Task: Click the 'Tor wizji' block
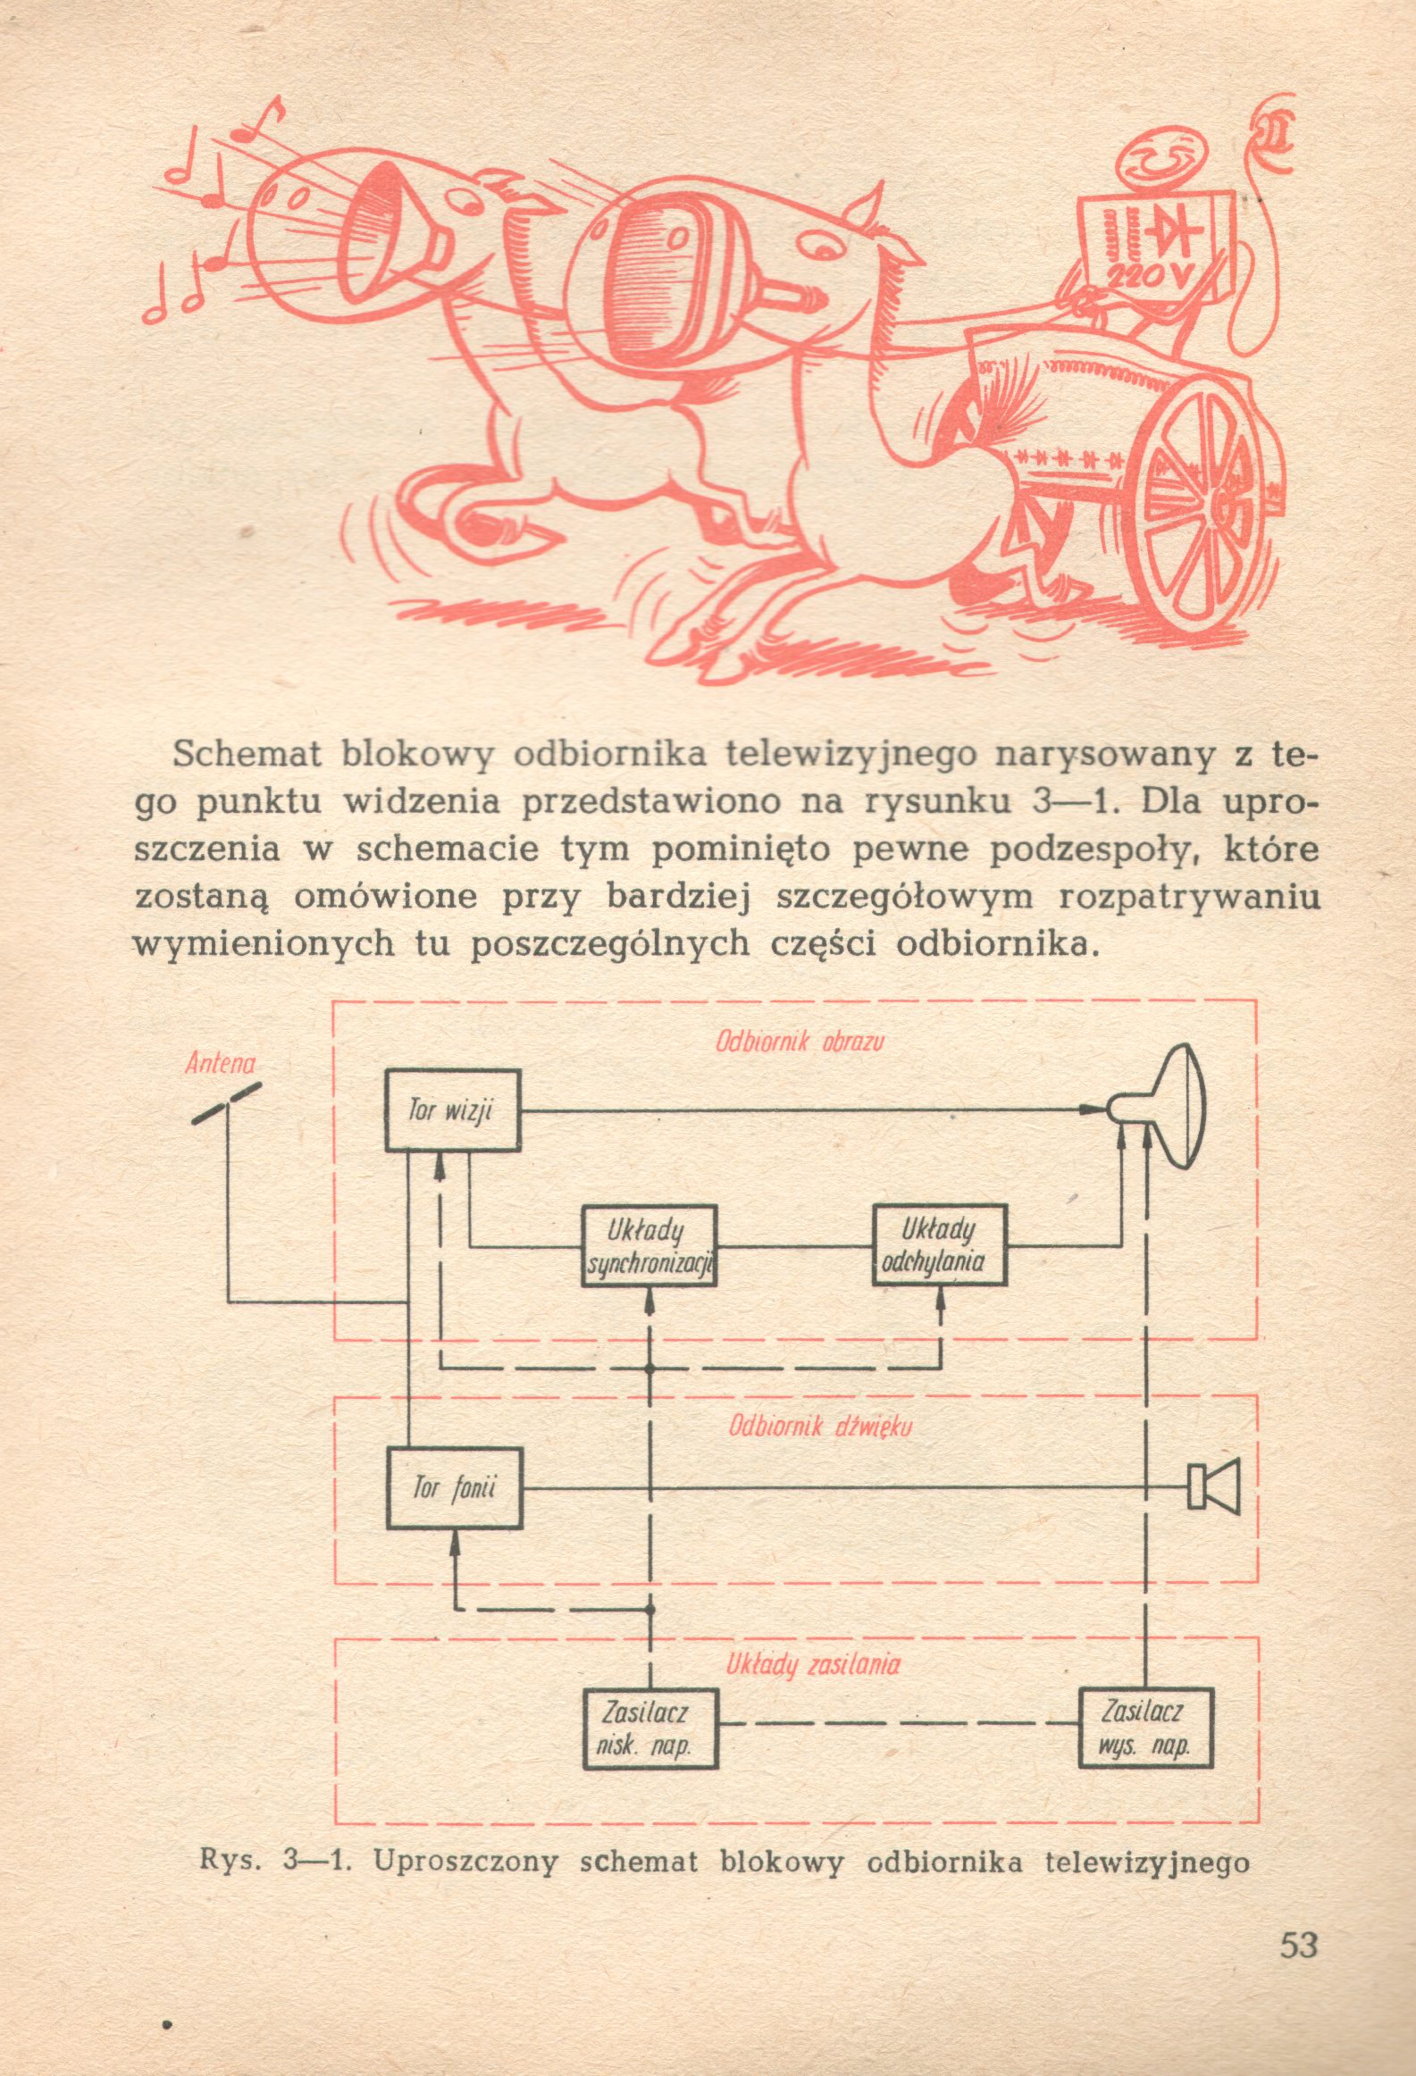pos(453,1110)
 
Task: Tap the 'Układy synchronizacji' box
pos(649,1245)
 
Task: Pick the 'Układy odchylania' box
pos(940,1244)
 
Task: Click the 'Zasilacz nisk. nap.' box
pos(649,1727)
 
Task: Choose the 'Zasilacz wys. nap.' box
pos(1145,1727)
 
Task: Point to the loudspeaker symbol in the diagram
pos(1214,1488)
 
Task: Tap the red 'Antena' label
pos(221,1063)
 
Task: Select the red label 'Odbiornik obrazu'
pos(800,1042)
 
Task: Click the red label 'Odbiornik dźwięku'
pos(820,1426)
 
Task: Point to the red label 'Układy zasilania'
pos(812,1665)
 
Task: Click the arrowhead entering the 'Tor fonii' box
pos(455,1540)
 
